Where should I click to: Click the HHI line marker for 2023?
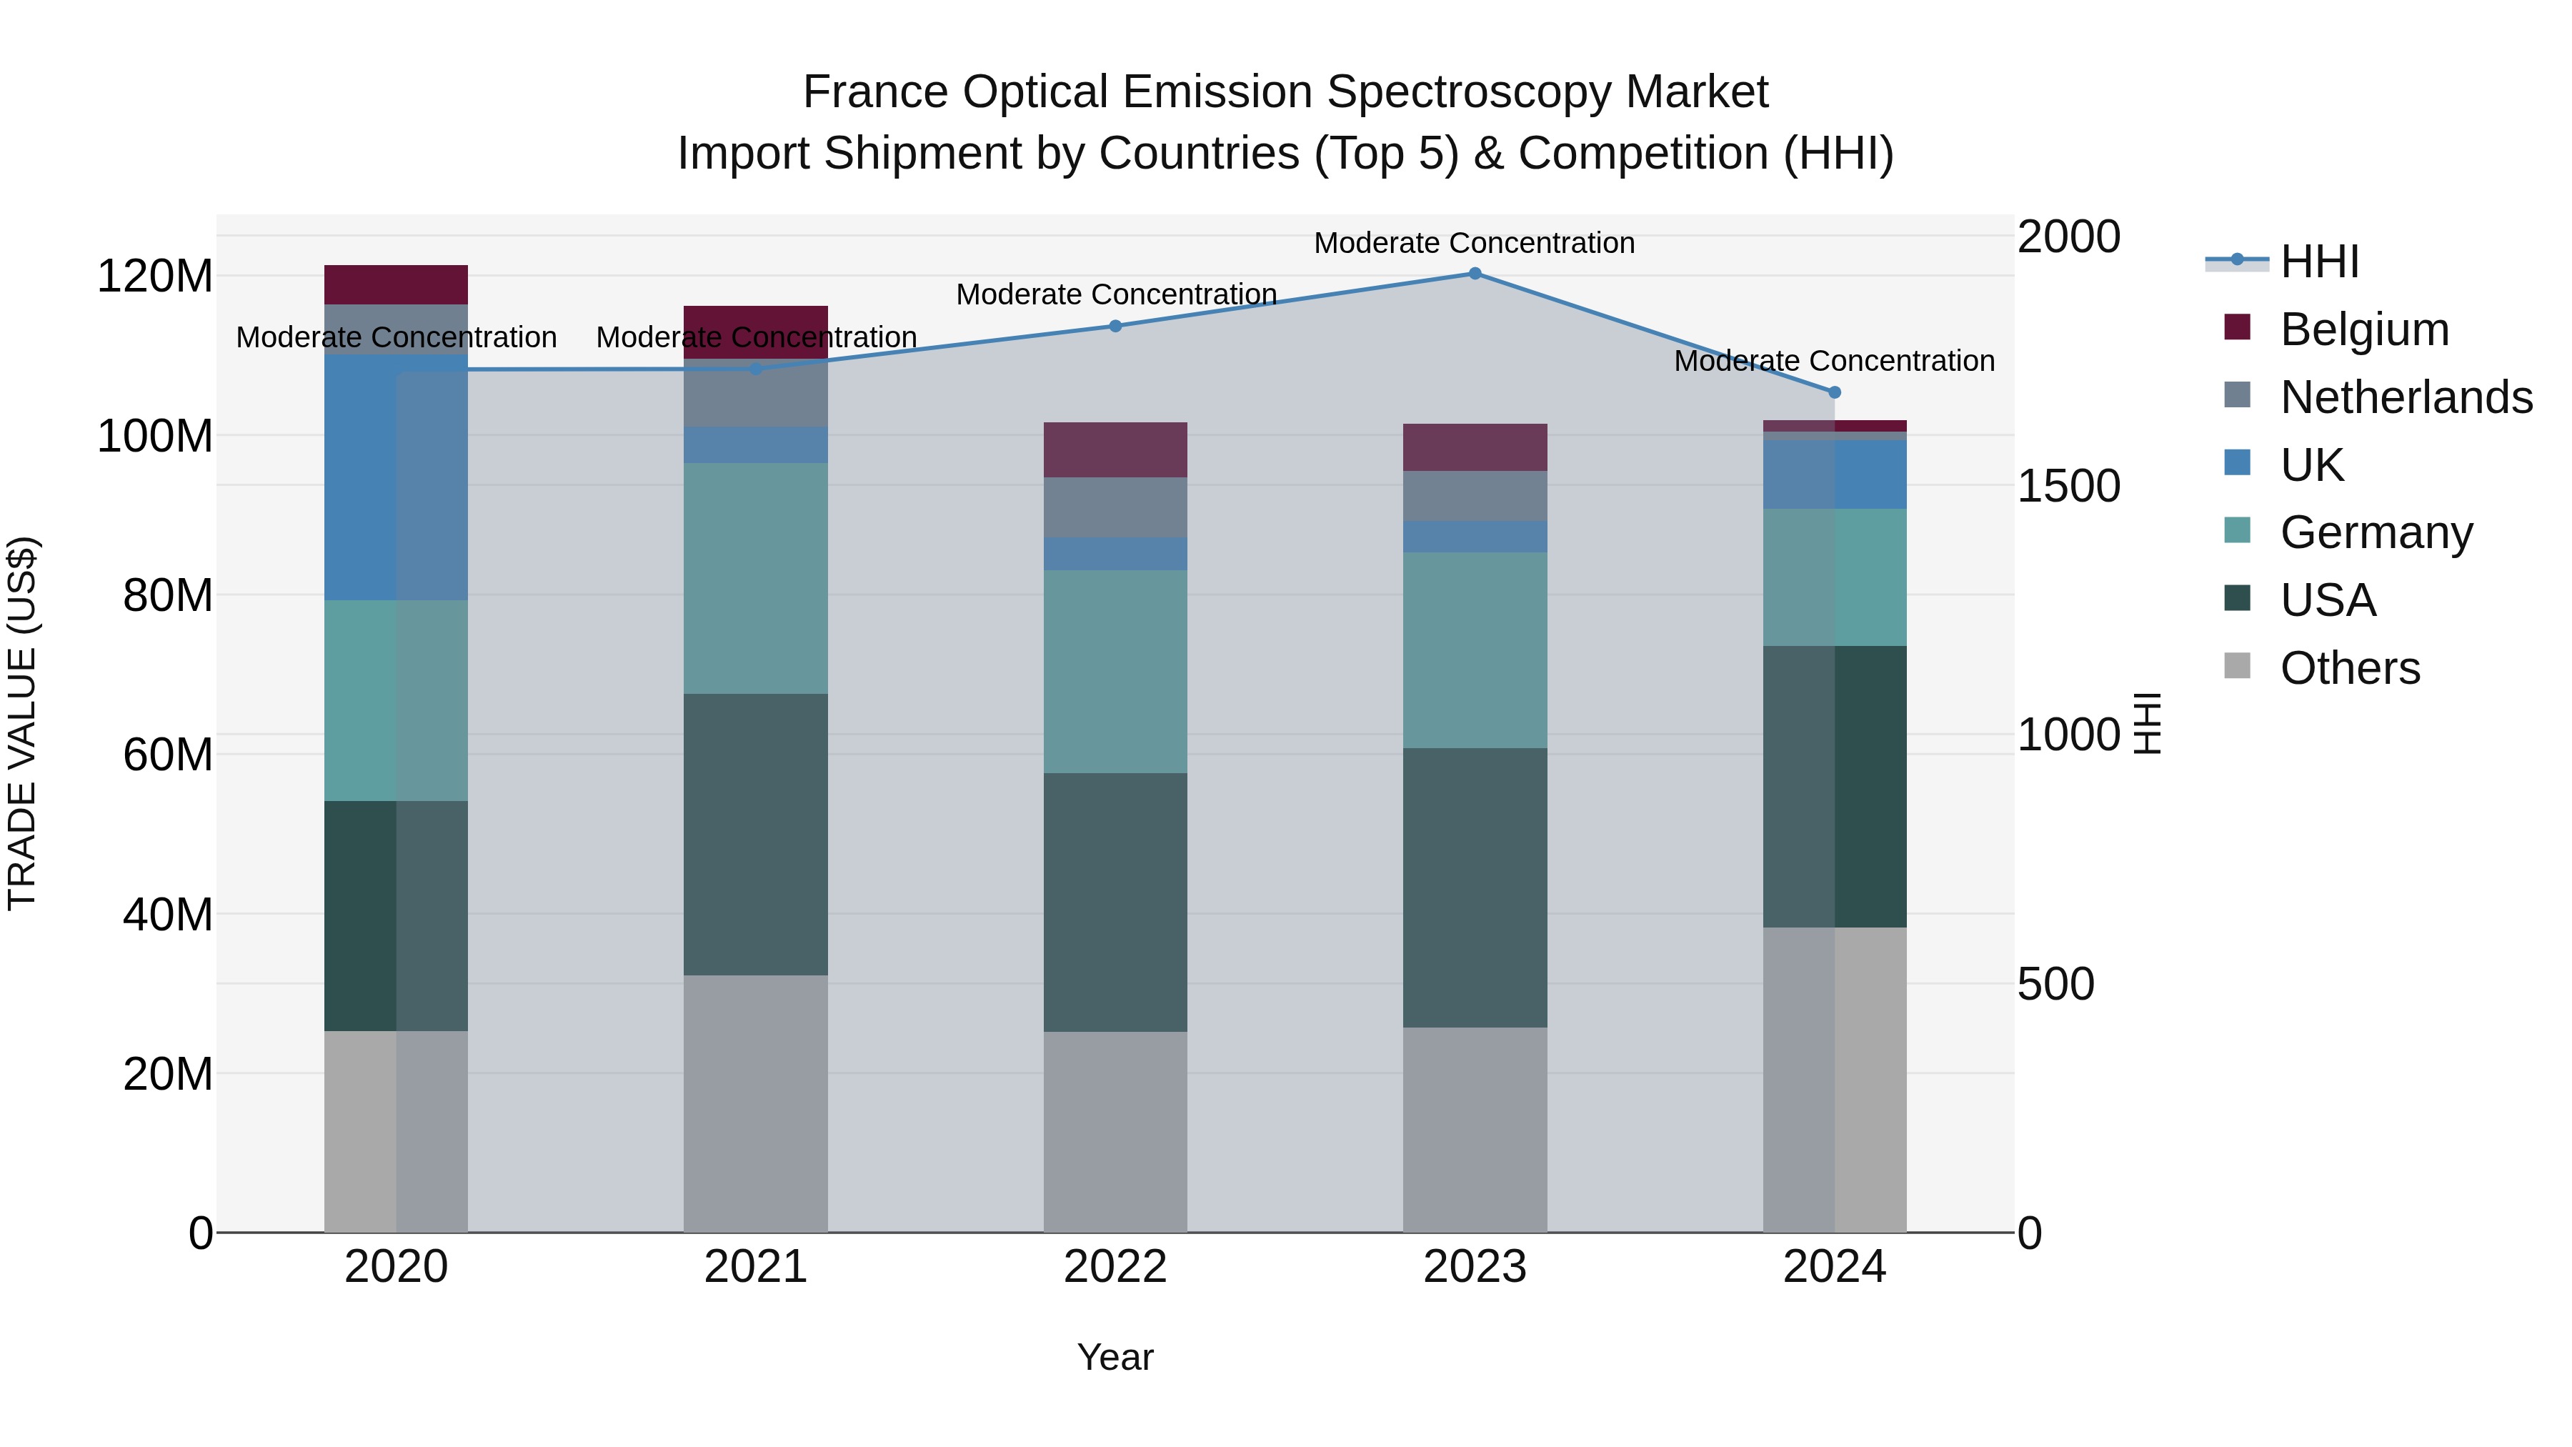[1475, 274]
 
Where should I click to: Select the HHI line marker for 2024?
[1834, 392]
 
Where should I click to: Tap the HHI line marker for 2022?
[1115, 326]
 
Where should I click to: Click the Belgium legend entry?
[2363, 329]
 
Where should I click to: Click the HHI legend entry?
[2319, 262]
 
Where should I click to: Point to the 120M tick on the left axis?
[155, 277]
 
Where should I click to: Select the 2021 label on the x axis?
[756, 1267]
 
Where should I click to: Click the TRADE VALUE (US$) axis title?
[22, 723]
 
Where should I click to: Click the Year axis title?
[1115, 1357]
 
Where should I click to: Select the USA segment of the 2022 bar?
[1115, 902]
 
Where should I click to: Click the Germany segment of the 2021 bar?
[756, 578]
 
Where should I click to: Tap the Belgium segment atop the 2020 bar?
[397, 284]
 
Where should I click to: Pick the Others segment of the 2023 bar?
[1475, 1130]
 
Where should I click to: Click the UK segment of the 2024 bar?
[1834, 474]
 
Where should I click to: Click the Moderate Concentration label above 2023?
[1474, 243]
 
